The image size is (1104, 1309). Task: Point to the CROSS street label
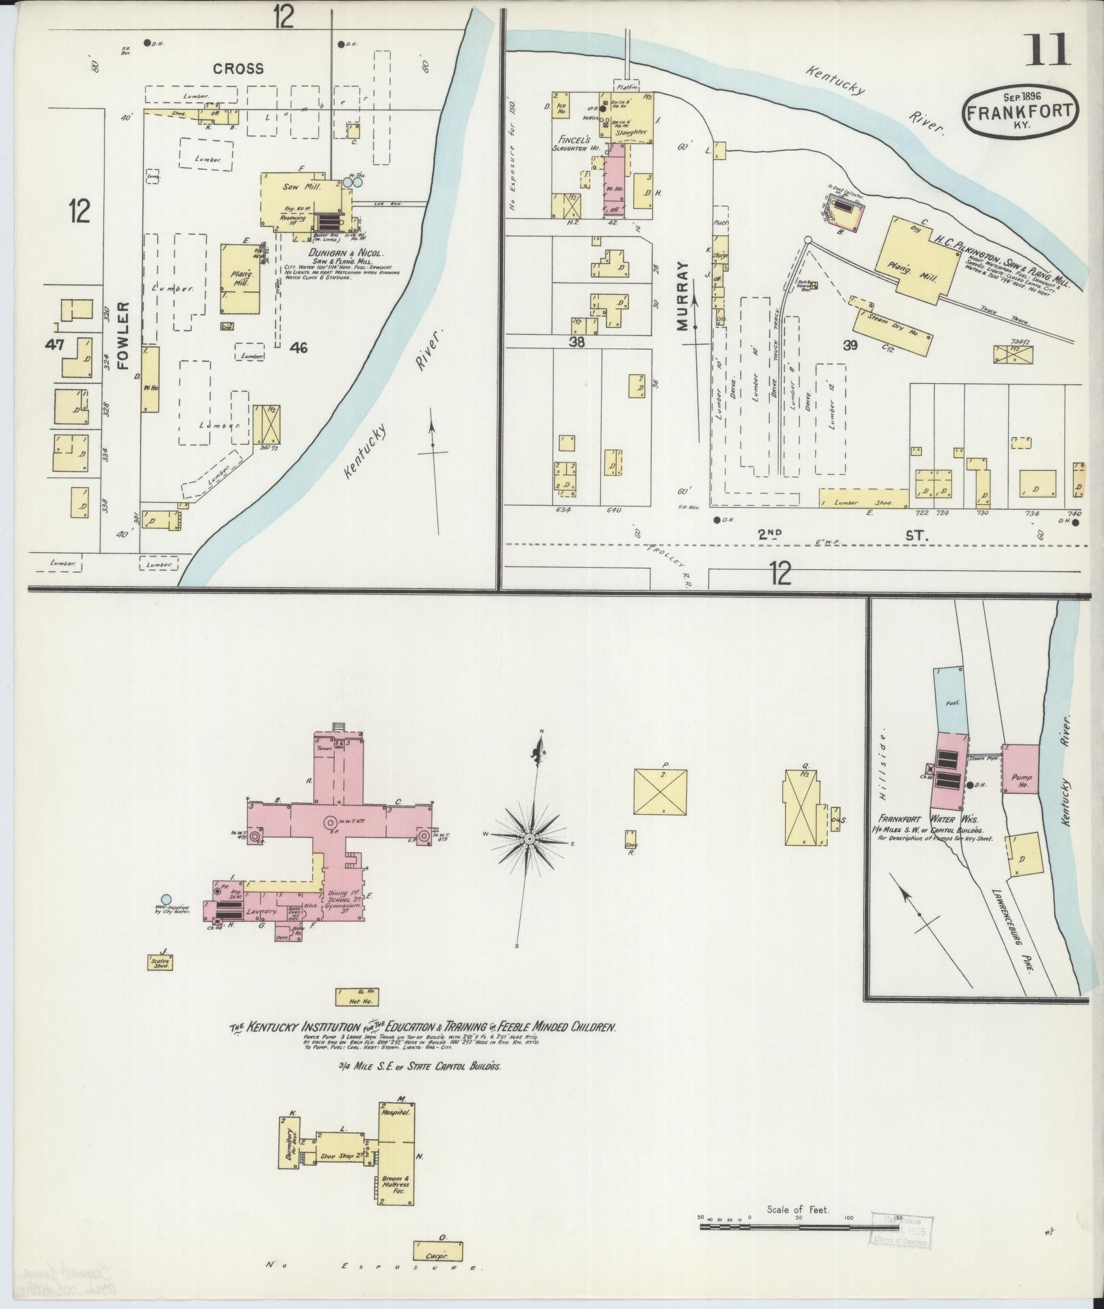[238, 68]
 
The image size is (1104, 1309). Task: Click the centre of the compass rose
[530, 838]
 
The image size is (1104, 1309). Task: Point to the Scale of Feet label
[798, 1210]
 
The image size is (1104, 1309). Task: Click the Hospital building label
[396, 1113]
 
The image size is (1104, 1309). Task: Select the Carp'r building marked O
[437, 1252]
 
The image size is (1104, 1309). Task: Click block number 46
[298, 348]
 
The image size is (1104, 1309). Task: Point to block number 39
[850, 346]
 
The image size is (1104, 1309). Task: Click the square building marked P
[661, 791]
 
